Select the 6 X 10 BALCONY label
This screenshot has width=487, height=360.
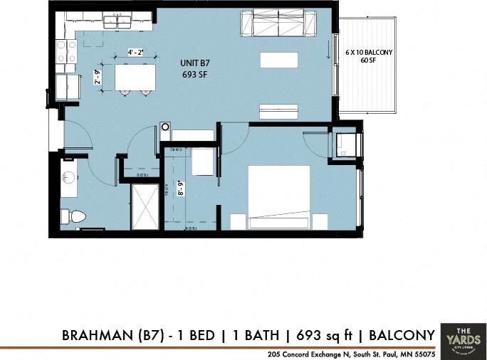[x=370, y=53]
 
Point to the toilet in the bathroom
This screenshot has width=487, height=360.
[x=73, y=216]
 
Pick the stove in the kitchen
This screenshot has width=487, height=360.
[x=67, y=51]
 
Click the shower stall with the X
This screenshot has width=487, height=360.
[x=145, y=206]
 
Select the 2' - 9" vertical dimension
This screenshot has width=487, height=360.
[x=98, y=76]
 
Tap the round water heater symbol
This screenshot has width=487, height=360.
[x=165, y=127]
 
